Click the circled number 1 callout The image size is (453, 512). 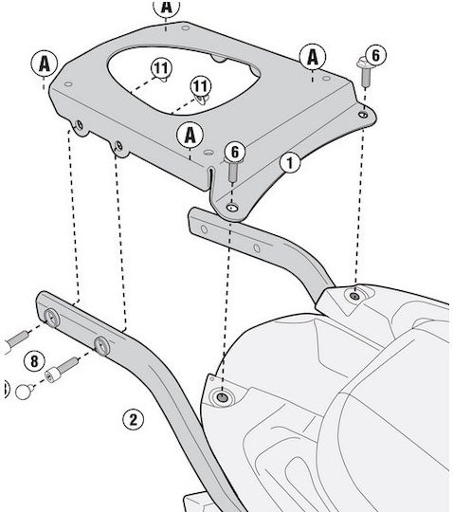click(290, 162)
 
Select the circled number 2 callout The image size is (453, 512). click(134, 419)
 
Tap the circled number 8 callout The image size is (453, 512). click(34, 362)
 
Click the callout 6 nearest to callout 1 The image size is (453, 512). click(235, 152)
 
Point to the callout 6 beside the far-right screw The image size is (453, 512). click(375, 55)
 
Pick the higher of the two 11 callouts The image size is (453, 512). click(161, 68)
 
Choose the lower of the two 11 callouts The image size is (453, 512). click(200, 86)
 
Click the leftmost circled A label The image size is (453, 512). click(45, 64)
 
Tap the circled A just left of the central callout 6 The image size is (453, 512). click(190, 136)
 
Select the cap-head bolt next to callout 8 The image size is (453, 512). click(62, 368)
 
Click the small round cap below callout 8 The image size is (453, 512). click(25, 392)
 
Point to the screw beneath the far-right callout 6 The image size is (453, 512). click(365, 72)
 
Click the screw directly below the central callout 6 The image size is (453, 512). click(233, 172)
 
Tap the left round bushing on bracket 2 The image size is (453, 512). click(51, 318)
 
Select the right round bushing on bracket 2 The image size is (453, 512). click(101, 346)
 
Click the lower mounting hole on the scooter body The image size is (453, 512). click(223, 397)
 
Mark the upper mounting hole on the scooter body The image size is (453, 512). click(353, 296)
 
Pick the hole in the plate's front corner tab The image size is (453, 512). click(232, 208)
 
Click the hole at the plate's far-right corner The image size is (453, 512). click(363, 115)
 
